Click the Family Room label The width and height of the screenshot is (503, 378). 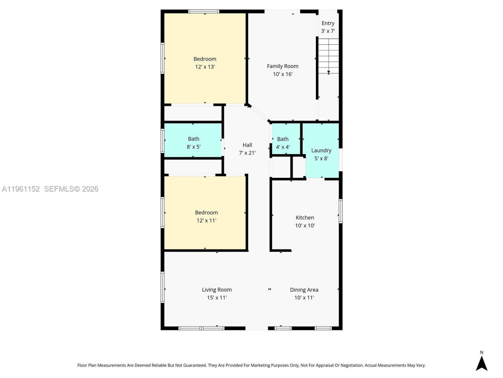click(283, 66)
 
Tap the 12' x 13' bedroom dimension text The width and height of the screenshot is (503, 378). click(205, 67)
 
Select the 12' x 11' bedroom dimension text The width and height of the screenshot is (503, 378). click(206, 220)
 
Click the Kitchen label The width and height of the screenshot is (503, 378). click(305, 217)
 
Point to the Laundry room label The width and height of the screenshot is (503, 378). click(321, 150)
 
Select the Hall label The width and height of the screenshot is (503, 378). click(247, 145)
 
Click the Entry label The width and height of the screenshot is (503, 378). click(328, 23)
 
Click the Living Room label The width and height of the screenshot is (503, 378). click(217, 289)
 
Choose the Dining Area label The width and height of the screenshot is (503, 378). click(304, 289)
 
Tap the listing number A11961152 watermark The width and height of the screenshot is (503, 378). click(21, 189)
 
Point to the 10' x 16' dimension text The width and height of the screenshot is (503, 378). click(283, 74)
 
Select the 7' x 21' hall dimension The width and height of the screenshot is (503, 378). click(247, 153)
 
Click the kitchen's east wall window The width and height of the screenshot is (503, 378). click(340, 211)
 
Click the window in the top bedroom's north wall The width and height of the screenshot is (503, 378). click(204, 11)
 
